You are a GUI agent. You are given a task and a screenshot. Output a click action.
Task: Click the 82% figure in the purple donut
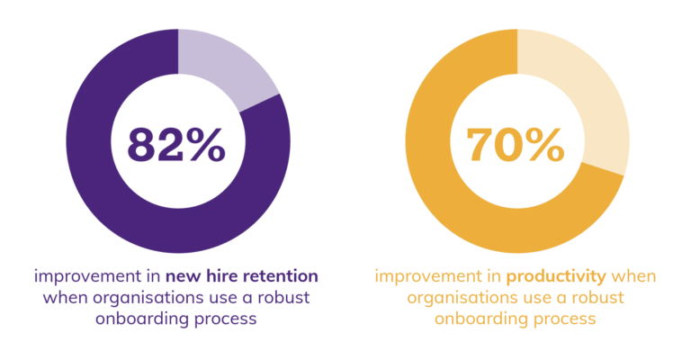pyautogui.click(x=176, y=144)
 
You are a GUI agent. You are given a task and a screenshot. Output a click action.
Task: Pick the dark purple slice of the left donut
pyautogui.click(x=108, y=198)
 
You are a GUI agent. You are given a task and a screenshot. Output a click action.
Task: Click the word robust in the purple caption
pyautogui.click(x=293, y=297)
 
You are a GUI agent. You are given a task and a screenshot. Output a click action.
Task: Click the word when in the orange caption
pyautogui.click(x=636, y=274)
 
